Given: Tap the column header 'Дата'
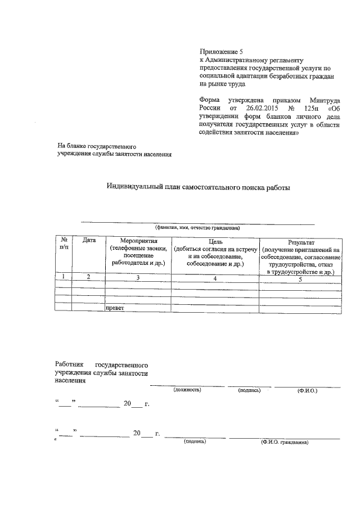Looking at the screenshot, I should (89, 241).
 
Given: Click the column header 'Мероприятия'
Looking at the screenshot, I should (137, 241).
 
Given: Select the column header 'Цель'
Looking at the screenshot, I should (215, 241).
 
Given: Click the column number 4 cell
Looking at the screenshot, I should (215, 278).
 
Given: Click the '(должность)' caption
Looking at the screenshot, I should (187, 389).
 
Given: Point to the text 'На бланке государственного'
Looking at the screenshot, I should (97, 146).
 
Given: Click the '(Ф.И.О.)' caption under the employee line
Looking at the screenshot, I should (308, 390).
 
